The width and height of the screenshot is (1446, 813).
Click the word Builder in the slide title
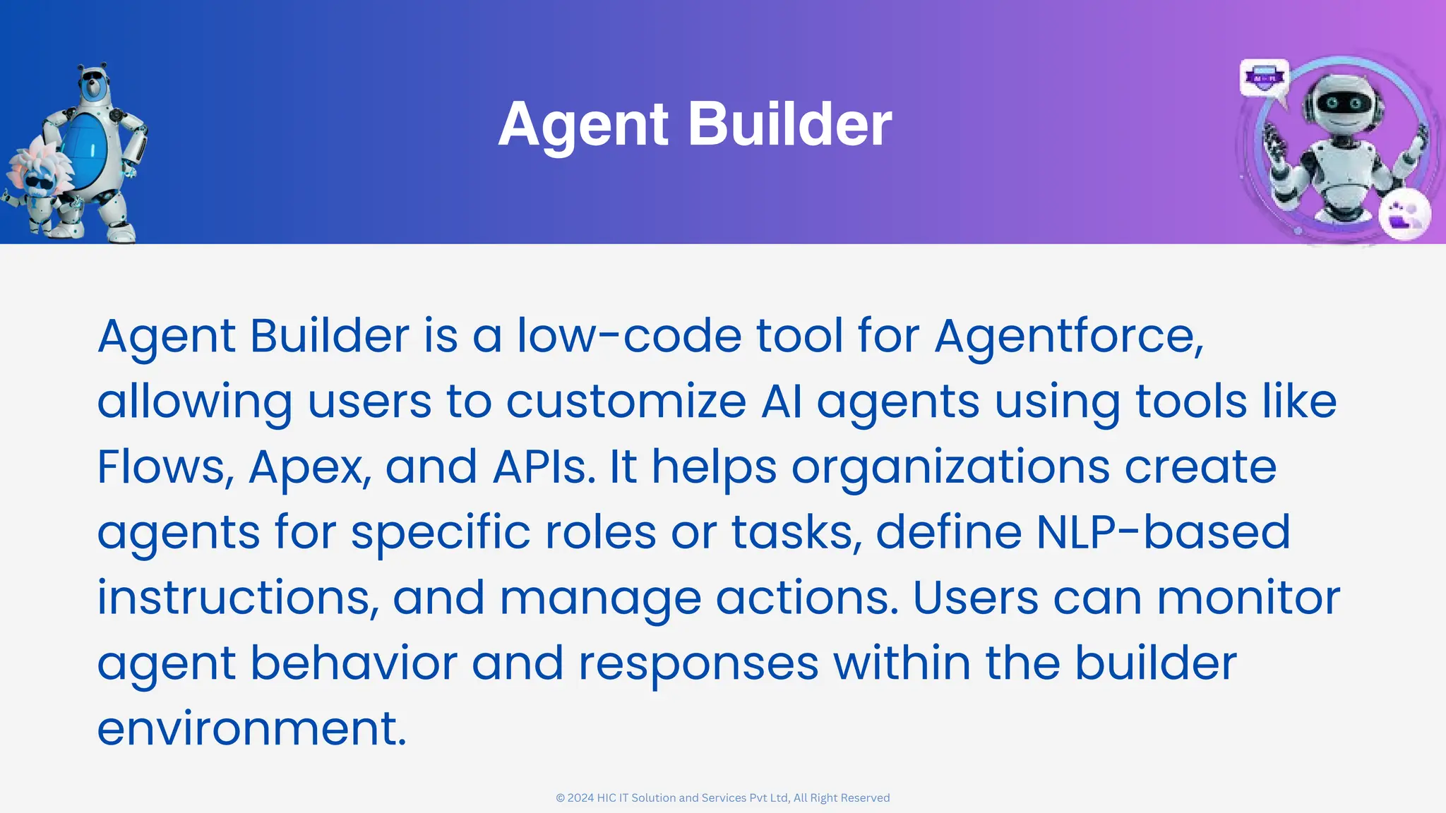coord(789,124)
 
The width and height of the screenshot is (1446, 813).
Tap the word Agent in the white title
coord(583,126)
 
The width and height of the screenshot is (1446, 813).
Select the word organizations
coord(950,468)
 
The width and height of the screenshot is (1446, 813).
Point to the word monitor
coord(1248,598)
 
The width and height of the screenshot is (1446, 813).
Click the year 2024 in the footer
coord(580,798)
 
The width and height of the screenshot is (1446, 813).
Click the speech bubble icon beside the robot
coord(1264,78)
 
